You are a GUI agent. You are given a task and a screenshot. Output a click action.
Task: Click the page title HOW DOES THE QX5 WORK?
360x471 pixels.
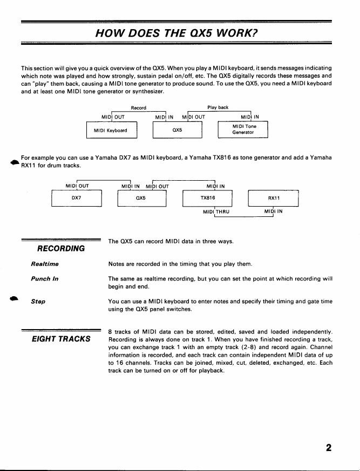point(176,33)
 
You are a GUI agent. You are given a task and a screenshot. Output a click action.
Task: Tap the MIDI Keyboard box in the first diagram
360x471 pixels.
point(111,131)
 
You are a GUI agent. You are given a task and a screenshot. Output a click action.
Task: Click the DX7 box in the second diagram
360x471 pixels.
point(76,198)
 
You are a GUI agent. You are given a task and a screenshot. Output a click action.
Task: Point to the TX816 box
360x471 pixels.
point(208,198)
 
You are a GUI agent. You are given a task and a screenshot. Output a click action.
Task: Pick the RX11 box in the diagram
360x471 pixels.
point(273,198)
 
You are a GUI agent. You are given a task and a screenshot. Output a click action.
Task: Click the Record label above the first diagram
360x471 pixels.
point(138,107)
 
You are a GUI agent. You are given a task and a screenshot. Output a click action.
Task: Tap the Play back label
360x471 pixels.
point(218,107)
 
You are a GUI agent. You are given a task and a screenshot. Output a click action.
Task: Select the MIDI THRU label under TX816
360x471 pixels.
point(216,211)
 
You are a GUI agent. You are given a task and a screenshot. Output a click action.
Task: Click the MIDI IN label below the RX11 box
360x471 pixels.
point(274,211)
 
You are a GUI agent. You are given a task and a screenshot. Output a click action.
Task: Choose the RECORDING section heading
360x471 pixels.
point(61,248)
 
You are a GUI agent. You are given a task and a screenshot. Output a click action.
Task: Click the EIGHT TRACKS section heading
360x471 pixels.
point(61,339)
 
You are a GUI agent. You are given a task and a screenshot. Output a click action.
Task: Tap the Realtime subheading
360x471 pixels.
point(45,264)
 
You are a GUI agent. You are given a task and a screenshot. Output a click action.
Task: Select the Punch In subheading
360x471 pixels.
point(45,278)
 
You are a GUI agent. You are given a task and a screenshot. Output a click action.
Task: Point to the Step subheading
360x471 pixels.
point(38,301)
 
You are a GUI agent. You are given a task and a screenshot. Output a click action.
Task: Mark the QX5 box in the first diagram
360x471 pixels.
point(177,130)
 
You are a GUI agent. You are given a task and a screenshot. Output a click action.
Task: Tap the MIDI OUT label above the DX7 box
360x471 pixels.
point(77,186)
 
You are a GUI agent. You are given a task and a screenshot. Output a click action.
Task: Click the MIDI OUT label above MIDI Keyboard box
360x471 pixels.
point(113,116)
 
